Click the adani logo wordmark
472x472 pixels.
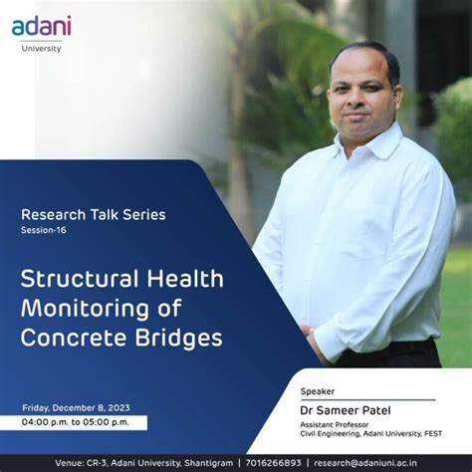point(41,27)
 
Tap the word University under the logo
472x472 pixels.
point(42,48)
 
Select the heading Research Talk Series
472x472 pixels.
point(94,214)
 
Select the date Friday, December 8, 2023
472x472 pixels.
point(76,407)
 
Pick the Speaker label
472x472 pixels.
point(318,391)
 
